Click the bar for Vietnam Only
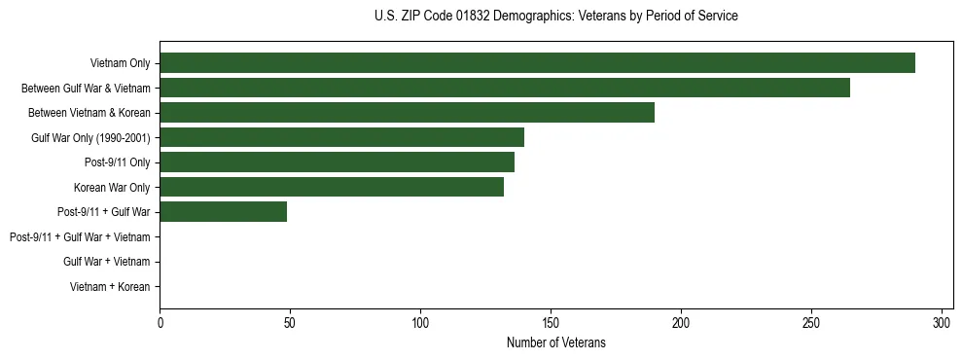click(x=537, y=63)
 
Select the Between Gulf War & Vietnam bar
click(x=505, y=88)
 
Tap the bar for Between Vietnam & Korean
click(x=407, y=113)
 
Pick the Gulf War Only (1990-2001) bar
click(x=341, y=137)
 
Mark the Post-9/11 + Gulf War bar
click(x=223, y=211)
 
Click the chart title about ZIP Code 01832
click(x=555, y=17)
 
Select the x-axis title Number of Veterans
click(x=555, y=342)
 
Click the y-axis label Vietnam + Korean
click(x=110, y=286)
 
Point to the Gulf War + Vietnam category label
click(x=106, y=262)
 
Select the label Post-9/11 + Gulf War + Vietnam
click(x=80, y=236)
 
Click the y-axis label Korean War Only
click(x=111, y=187)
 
